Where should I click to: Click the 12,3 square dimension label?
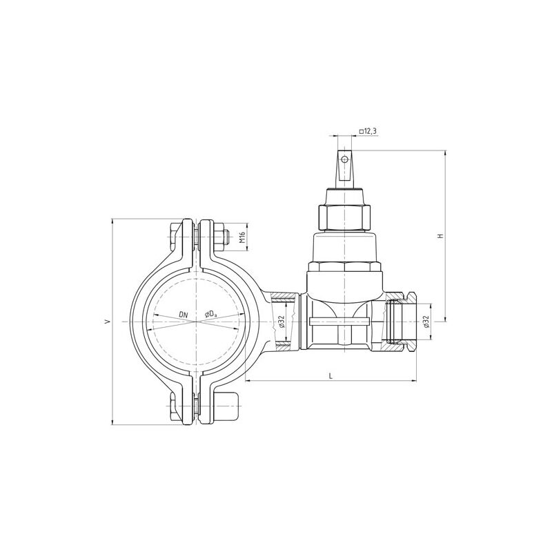pyautogui.click(x=368, y=131)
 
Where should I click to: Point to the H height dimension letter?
pyautogui.click(x=440, y=236)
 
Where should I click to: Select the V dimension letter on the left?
pyautogui.click(x=106, y=322)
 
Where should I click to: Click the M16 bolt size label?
pyautogui.click(x=242, y=237)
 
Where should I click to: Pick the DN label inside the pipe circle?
pyautogui.click(x=183, y=315)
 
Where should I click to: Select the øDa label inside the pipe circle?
pyautogui.click(x=210, y=315)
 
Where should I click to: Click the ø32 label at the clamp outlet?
pyautogui.click(x=282, y=322)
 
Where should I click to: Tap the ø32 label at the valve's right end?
pyautogui.click(x=426, y=322)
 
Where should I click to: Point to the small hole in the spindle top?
pyautogui.click(x=344, y=160)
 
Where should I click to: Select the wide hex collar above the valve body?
pyautogui.click(x=344, y=267)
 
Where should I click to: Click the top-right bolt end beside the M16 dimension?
pyautogui.click(x=220, y=237)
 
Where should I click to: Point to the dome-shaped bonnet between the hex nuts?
pyautogui.click(x=344, y=245)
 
